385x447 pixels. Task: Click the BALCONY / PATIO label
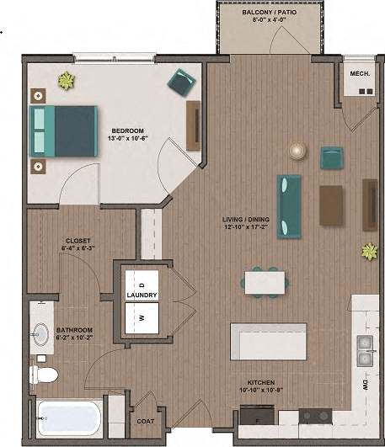pos(267,16)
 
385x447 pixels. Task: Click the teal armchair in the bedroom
pos(180,81)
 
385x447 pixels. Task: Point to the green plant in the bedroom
pos(64,81)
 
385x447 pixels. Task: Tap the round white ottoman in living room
pos(297,152)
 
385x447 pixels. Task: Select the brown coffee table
pos(332,205)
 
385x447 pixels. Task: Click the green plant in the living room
pos(368,250)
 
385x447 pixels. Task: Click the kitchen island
pos(268,341)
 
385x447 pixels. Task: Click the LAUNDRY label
pos(142,296)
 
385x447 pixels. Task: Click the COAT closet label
pos(144,421)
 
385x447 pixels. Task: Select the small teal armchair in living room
pos(332,157)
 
